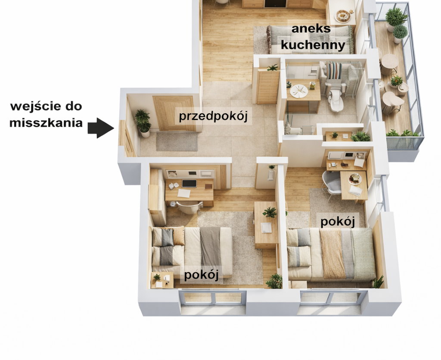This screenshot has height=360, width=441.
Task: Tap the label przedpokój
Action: (x=213, y=116)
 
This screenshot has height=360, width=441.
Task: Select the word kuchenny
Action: (x=313, y=45)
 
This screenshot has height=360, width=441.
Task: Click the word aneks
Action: (x=311, y=28)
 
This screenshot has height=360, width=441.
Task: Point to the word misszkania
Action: (x=46, y=123)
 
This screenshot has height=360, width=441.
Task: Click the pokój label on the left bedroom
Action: (x=201, y=275)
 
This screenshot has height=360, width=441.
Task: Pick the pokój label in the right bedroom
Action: (x=338, y=221)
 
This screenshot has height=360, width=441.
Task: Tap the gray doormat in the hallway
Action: (x=177, y=141)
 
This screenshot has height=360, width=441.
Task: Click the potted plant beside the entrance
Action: (x=143, y=123)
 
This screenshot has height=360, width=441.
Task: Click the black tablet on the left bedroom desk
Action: (x=189, y=184)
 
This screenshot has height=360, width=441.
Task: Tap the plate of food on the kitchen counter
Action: (x=343, y=16)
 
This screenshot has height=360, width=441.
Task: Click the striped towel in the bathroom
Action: (x=334, y=70)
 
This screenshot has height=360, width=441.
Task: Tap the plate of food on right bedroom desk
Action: (x=355, y=179)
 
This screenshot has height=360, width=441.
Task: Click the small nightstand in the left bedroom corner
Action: (x=162, y=280)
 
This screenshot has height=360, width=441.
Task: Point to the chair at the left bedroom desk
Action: (x=189, y=208)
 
